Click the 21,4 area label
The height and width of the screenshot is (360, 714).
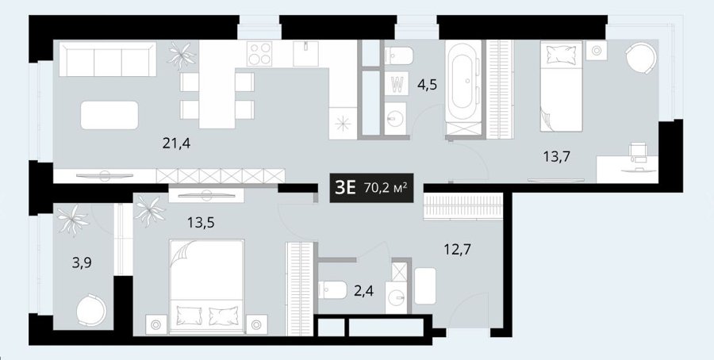(176, 144)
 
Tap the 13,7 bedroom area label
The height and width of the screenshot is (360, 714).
(556, 158)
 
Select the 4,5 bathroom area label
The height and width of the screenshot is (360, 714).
(427, 85)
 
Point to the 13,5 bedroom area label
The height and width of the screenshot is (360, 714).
(201, 223)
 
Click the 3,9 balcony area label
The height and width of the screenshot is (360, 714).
(82, 263)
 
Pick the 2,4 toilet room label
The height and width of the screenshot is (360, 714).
(364, 290)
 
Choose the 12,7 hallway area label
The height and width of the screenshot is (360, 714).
(457, 250)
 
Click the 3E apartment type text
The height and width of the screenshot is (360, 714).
(345, 187)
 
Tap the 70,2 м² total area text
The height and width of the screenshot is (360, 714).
(386, 187)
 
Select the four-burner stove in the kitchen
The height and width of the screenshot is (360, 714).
(259, 54)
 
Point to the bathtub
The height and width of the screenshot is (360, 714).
(463, 82)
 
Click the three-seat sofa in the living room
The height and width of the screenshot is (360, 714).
(108, 59)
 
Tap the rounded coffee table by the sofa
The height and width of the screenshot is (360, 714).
(109, 115)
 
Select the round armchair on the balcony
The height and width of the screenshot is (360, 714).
(91, 309)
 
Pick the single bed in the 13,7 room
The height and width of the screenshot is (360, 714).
(562, 86)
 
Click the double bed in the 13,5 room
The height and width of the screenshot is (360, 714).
(207, 283)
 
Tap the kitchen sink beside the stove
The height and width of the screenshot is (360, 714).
(306, 54)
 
